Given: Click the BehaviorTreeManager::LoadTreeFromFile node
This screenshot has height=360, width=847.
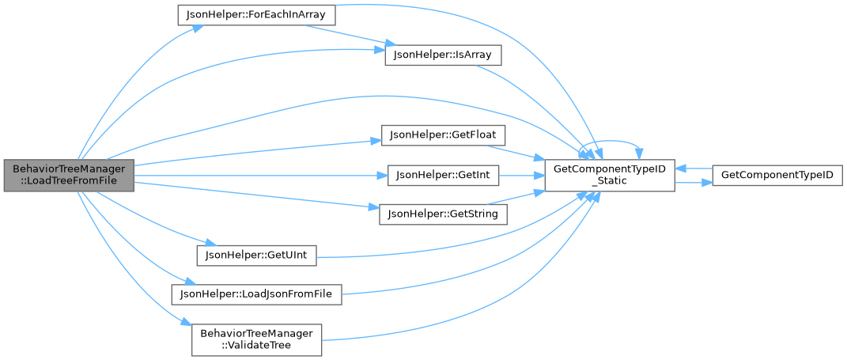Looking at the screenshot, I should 68,175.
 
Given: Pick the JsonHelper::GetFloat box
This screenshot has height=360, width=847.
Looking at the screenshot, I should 431,135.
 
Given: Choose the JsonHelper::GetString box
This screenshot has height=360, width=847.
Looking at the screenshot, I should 443,214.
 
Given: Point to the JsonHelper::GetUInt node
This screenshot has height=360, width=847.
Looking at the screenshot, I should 256,255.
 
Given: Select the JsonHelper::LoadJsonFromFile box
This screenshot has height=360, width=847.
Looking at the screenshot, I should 256,294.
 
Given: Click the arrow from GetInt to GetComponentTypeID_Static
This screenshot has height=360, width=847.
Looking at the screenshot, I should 520,175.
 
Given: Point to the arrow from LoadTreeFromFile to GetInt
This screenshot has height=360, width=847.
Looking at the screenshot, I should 261,175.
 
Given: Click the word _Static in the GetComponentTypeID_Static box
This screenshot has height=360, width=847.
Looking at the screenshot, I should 608,181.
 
